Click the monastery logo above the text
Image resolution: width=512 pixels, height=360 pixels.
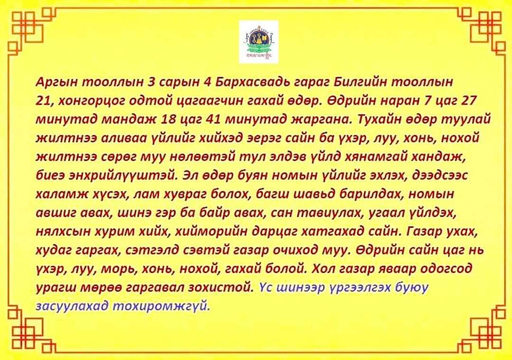click(x=258, y=42)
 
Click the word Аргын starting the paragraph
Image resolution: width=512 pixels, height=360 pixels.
click(x=57, y=82)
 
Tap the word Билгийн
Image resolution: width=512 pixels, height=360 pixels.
click(x=349, y=82)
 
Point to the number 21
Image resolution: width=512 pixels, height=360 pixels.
click(x=43, y=101)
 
